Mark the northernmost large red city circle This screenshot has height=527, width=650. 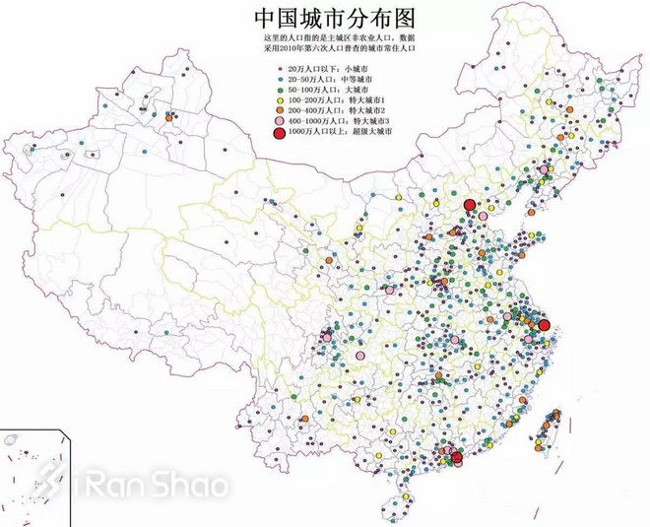469,205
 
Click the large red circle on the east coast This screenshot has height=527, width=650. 543,324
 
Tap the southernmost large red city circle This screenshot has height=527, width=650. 456,456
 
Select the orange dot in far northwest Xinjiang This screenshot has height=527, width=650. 169,116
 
